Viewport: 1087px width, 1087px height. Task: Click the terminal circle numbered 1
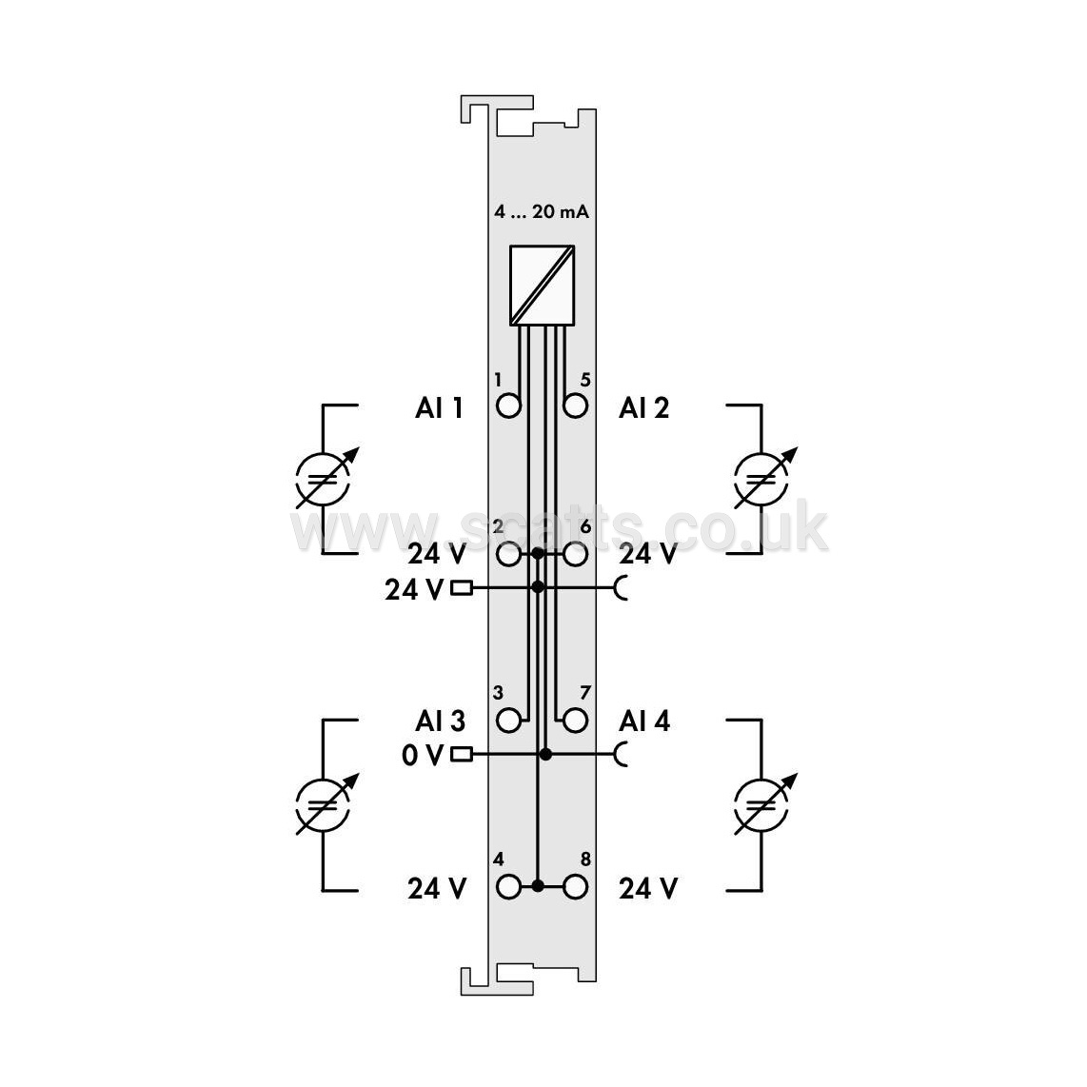509,405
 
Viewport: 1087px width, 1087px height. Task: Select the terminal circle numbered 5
576,405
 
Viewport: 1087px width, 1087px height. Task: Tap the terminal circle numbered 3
509,721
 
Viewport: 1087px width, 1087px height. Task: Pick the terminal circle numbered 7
576,721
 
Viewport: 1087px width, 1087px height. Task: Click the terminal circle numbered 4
509,887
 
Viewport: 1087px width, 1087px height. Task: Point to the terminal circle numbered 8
576,887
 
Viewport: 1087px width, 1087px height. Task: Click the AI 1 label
439,407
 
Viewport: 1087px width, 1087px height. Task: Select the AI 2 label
644,407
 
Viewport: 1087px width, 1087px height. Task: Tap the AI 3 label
440,721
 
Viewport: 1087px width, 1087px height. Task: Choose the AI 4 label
644,721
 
